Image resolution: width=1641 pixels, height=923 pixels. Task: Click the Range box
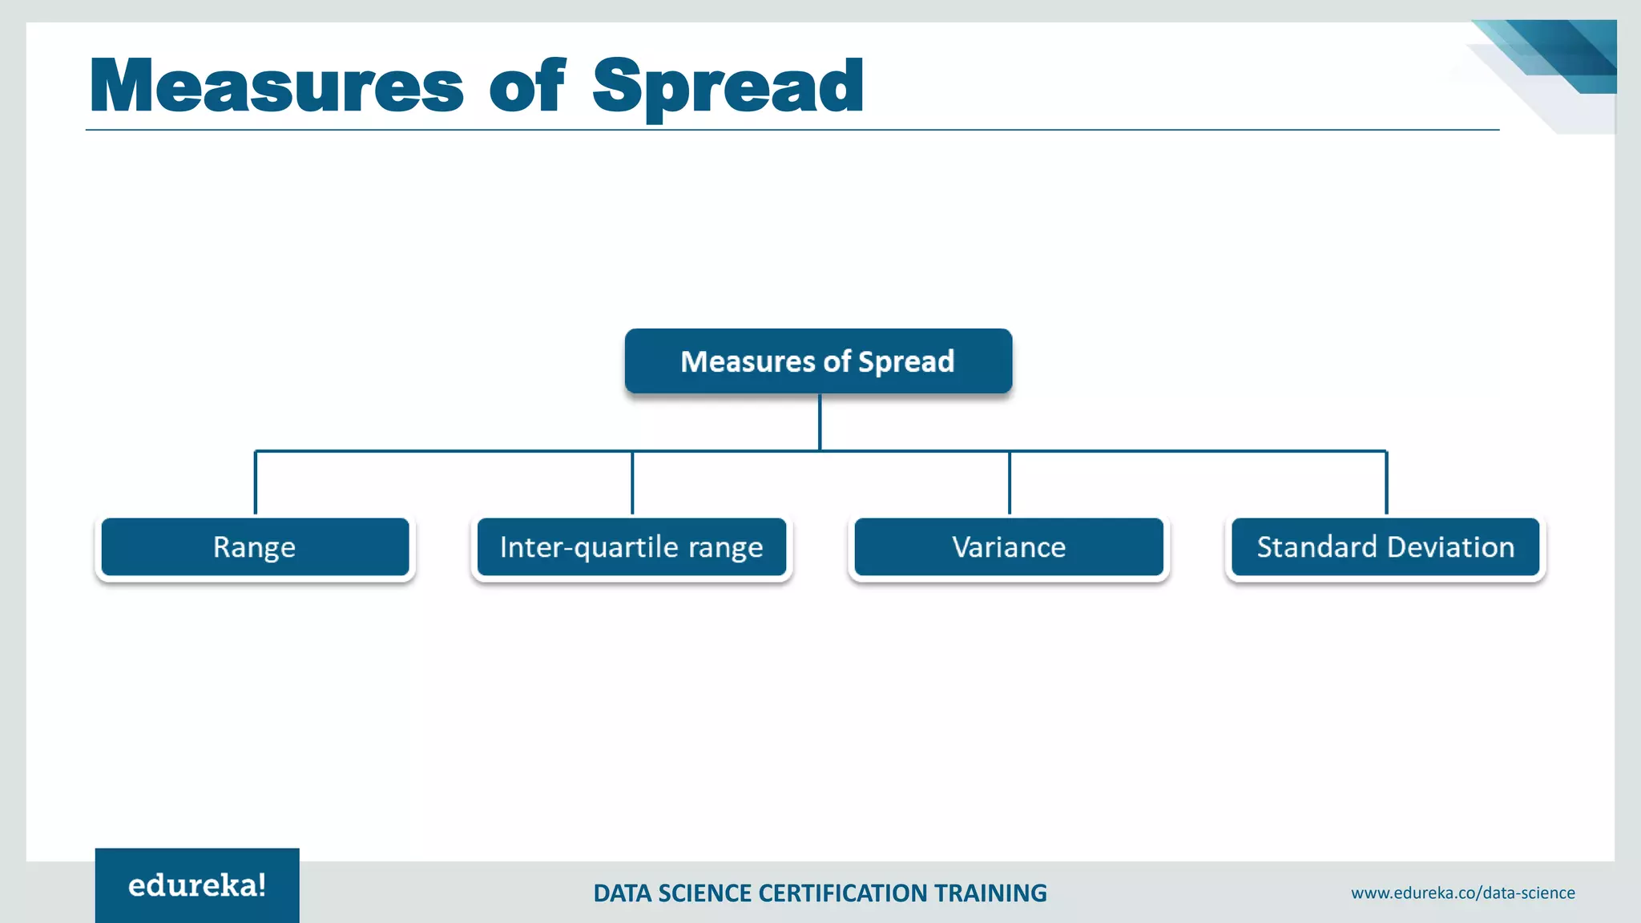click(255, 547)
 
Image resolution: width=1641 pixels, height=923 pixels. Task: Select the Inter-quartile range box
click(631, 547)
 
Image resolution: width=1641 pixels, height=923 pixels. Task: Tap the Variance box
click(1009, 547)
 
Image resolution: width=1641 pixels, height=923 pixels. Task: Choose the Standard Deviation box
click(1385, 547)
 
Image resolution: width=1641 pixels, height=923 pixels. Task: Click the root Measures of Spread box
click(818, 361)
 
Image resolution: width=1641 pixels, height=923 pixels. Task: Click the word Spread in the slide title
click(728, 87)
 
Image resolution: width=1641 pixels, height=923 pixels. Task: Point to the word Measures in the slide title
click(276, 87)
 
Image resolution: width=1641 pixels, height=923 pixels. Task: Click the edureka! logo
click(197, 885)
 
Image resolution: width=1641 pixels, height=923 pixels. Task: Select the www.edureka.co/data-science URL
click(1462, 893)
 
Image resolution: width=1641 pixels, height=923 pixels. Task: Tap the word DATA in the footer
click(623, 893)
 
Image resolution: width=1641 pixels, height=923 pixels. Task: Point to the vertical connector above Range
click(256, 482)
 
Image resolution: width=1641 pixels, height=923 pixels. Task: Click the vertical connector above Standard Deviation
click(1386, 482)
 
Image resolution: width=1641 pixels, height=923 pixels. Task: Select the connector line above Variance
click(1010, 482)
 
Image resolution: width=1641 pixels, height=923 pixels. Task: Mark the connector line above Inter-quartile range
click(632, 482)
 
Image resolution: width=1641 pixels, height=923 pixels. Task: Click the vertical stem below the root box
click(820, 421)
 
